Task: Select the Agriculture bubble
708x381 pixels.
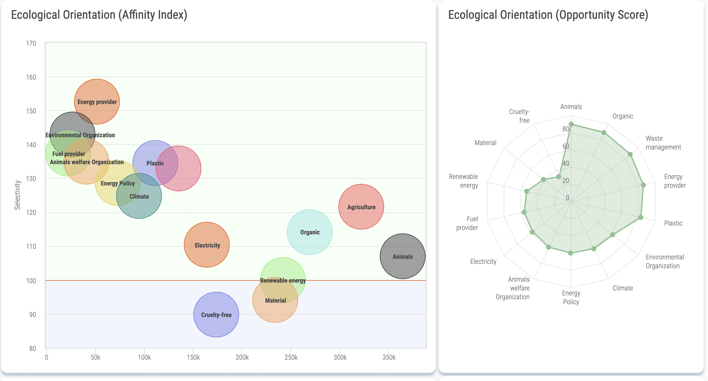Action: [x=361, y=207]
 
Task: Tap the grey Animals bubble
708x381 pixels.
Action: [x=403, y=257]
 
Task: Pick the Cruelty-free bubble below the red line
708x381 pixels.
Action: [x=216, y=315]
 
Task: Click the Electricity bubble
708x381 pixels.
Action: [x=207, y=245]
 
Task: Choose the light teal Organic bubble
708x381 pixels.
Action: [x=310, y=232]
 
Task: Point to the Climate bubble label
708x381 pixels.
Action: [x=139, y=197]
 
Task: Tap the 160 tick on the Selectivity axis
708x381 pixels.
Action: [x=31, y=77]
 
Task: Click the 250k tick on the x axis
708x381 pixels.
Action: [x=291, y=358]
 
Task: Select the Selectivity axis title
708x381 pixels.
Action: [x=17, y=195]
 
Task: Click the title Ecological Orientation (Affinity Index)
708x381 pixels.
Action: [x=99, y=15]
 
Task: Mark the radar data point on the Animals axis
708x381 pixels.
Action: [x=571, y=124]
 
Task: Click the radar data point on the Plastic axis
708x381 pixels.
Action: [x=641, y=217]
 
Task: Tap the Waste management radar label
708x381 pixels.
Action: [x=663, y=143]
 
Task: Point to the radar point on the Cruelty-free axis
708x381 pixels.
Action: [x=558, y=177]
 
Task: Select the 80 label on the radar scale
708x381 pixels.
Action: [x=566, y=129]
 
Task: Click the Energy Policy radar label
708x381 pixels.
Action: [x=571, y=297]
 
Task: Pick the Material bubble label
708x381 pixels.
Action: [x=275, y=301]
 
